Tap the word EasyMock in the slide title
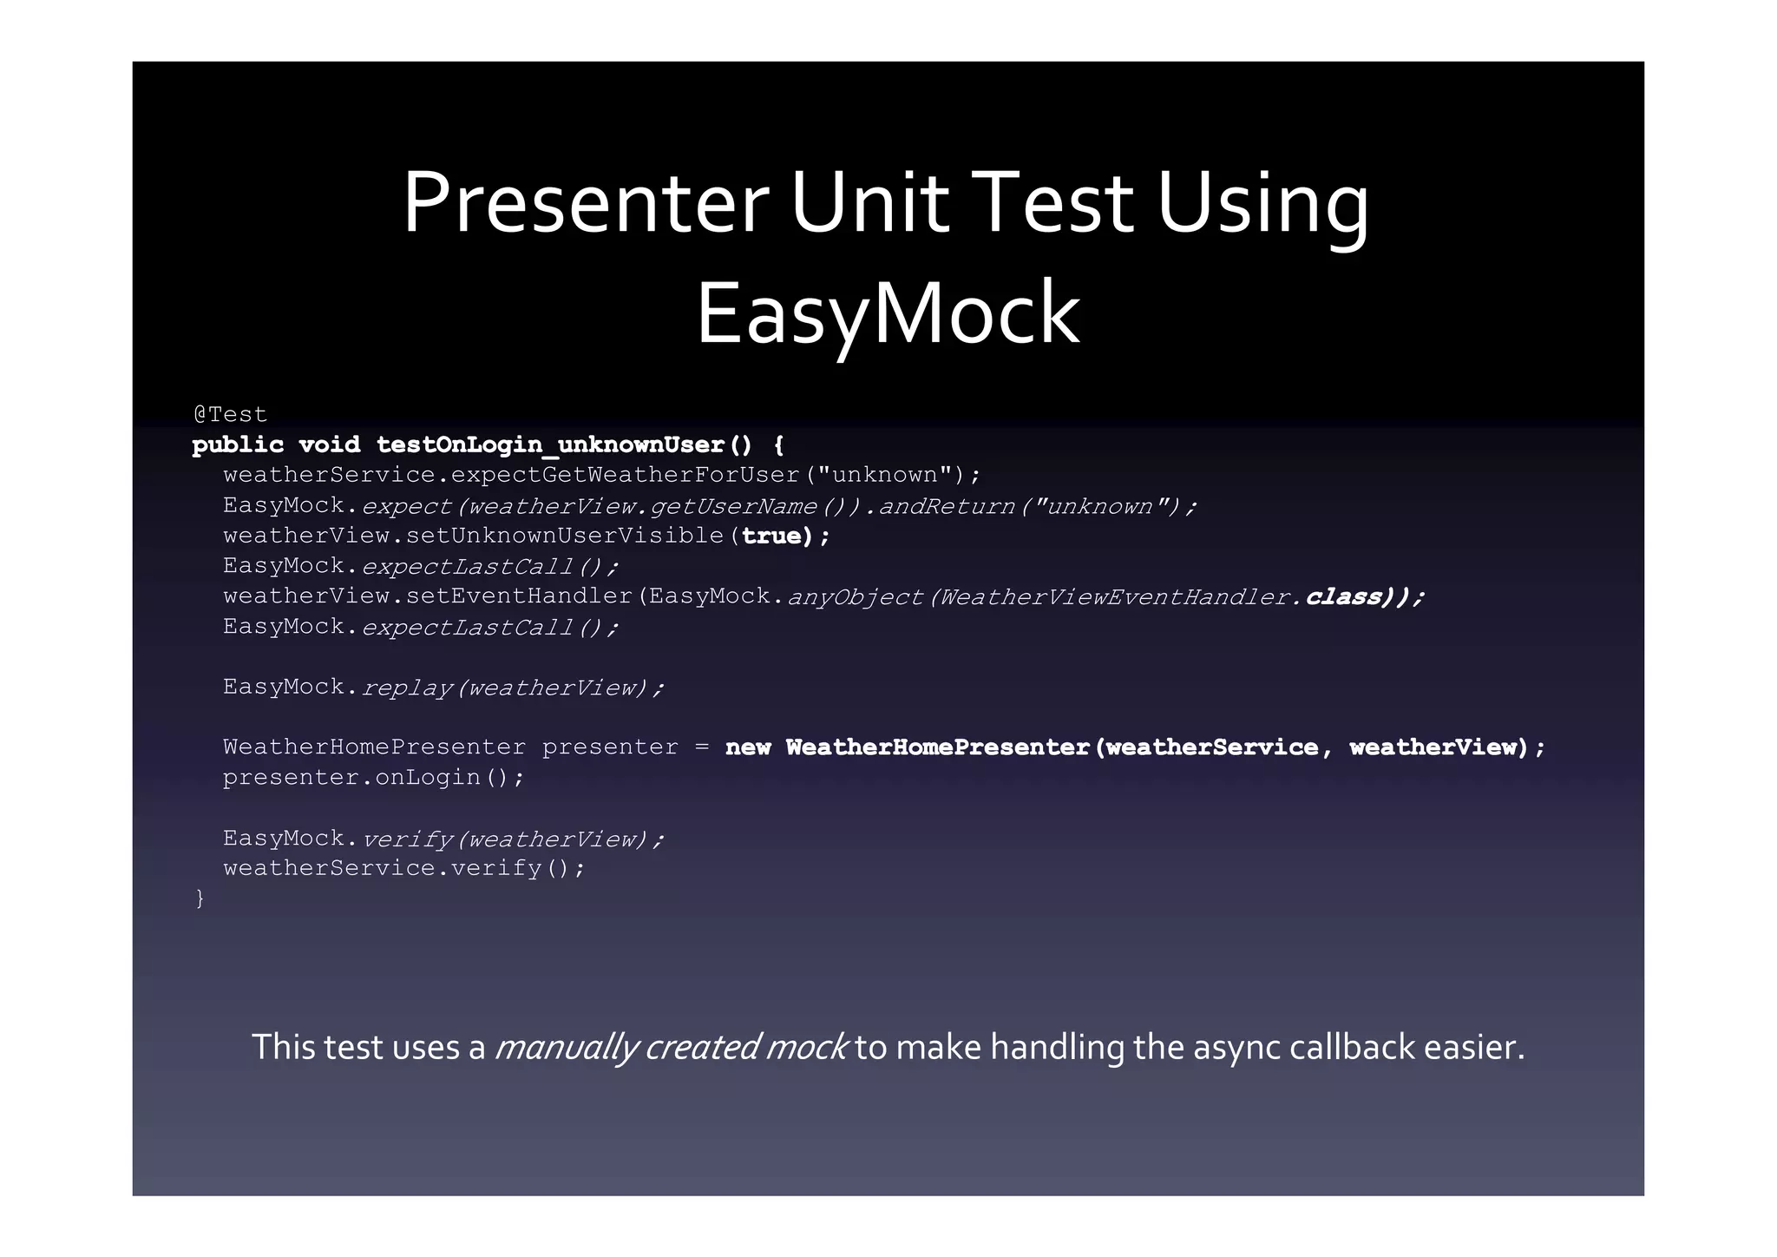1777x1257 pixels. pyautogui.click(x=888, y=313)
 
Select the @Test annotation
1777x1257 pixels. pyautogui.click(x=230, y=414)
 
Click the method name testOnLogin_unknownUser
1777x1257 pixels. pyautogui.click(x=550, y=445)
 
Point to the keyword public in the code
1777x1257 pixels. pyautogui.click(x=238, y=445)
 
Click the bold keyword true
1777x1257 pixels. pyautogui.click(x=770, y=536)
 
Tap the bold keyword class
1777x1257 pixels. pyautogui.click(x=1343, y=597)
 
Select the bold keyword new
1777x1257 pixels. pyautogui.click(x=747, y=747)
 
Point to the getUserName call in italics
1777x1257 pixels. pyautogui.click(x=733, y=506)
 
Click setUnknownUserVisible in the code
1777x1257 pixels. pyautogui.click(x=565, y=536)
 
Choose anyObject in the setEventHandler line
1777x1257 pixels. pyautogui.click(x=854, y=597)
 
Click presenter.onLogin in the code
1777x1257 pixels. pyautogui.click(x=373, y=777)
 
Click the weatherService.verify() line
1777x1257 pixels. pyautogui.click(x=403, y=868)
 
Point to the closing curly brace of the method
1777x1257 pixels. pyautogui.click(x=200, y=898)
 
